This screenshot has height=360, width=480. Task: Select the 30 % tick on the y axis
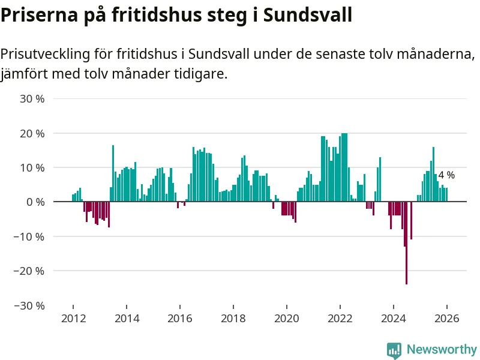[32, 98]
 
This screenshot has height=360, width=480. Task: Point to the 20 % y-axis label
[32, 133]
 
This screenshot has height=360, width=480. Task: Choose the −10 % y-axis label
[30, 236]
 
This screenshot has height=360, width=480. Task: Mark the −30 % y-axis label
[30, 305]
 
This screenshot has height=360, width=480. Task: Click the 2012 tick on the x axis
[73, 319]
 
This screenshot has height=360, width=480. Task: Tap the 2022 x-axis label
[340, 319]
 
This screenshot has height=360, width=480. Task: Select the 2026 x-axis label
[446, 319]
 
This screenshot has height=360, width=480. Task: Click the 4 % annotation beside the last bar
[446, 175]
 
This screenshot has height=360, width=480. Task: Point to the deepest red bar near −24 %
[406, 243]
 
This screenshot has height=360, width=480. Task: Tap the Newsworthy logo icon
[394, 350]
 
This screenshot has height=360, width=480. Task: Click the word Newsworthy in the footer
[442, 349]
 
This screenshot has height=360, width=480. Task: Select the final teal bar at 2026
[446, 195]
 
